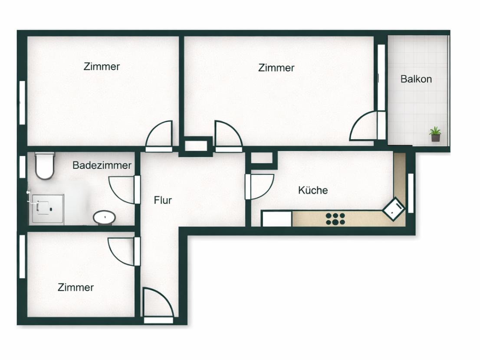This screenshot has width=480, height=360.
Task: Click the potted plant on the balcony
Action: pos(435,134)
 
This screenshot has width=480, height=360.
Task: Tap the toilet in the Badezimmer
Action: pos(44,166)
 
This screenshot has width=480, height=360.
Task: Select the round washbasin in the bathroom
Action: pos(104,216)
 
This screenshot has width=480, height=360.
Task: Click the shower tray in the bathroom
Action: pos(47,209)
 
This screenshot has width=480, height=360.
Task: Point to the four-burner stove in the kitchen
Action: pos(335,219)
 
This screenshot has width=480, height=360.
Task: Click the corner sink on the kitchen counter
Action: pos(394,209)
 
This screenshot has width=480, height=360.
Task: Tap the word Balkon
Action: pos(416,79)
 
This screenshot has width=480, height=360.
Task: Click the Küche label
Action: pos(313,190)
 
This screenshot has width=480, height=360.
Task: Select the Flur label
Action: pos(163,200)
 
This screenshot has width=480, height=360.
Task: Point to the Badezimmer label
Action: pos(102,165)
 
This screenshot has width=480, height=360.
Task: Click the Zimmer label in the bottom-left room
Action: pos(76,288)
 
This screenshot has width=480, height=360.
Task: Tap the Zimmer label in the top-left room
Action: pos(102,67)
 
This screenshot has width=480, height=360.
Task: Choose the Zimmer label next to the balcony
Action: pos(276,68)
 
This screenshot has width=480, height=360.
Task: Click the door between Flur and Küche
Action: pos(260,187)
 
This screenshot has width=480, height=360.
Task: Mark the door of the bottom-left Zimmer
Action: pos(123,251)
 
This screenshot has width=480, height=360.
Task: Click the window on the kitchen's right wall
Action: pos(411,193)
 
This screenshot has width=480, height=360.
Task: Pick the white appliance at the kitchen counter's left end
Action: pos(276,219)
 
